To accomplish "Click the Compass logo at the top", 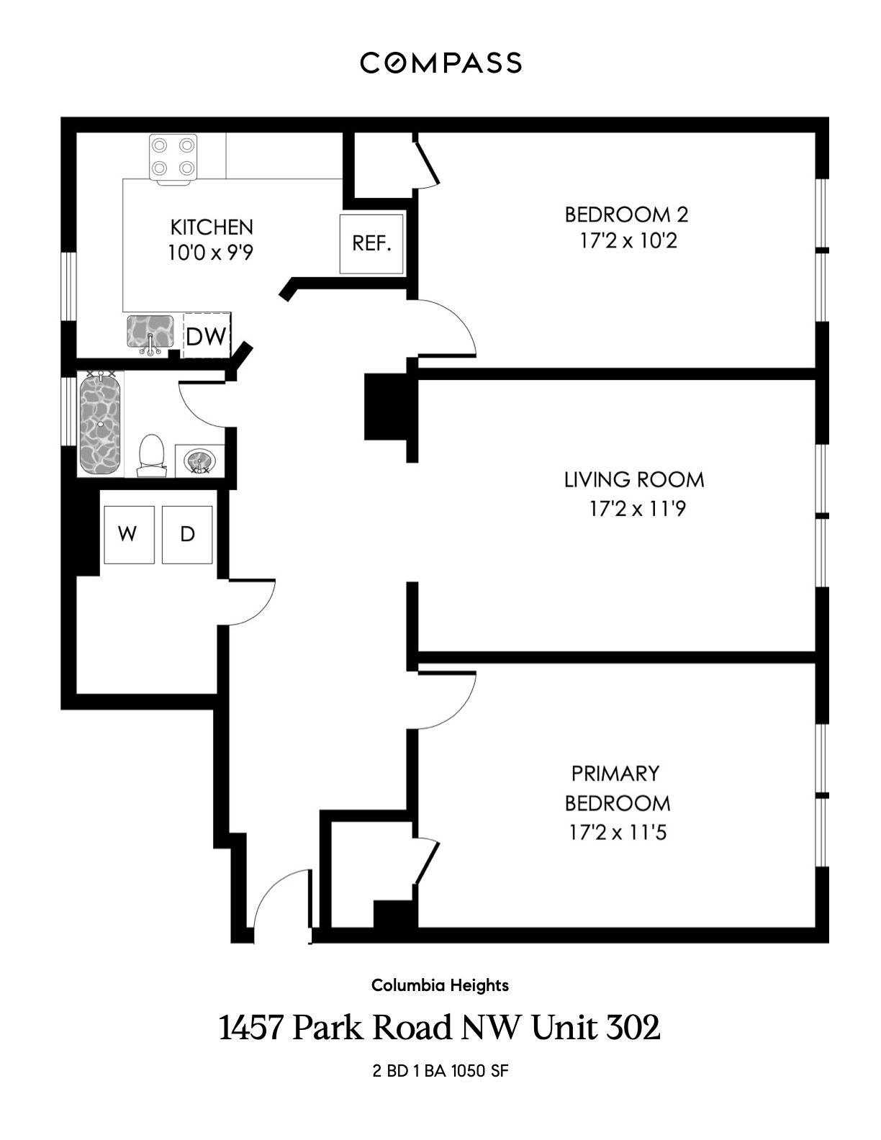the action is tap(440, 62).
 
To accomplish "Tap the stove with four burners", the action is tap(173, 158).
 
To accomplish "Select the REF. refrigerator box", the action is tap(371, 244).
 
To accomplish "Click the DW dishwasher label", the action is tap(206, 336).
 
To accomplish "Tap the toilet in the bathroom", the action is tap(152, 456).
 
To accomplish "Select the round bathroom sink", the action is tap(199, 460).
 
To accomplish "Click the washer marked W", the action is tap(129, 535).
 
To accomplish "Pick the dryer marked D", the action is tap(187, 535).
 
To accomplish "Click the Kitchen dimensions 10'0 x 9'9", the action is tap(210, 253).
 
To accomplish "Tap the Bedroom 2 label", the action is tap(626, 214).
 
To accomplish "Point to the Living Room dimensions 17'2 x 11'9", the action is tap(638, 508).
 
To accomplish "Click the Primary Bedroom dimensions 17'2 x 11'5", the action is tap(618, 833).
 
